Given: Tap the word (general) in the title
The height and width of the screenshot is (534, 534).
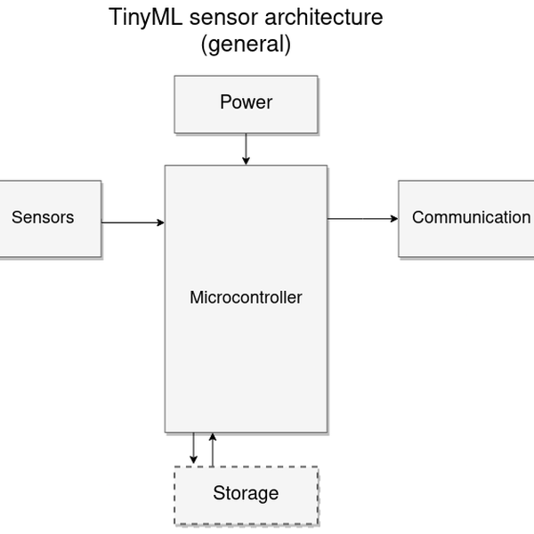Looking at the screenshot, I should [246, 45].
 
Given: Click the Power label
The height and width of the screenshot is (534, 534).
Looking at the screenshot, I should [246, 102].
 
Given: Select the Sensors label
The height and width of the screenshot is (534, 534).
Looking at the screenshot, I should [43, 218].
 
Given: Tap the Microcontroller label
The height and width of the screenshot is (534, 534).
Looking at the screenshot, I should [246, 298].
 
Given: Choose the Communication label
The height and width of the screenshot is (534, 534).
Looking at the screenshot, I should [471, 218].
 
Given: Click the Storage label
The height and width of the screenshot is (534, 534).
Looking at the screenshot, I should [246, 493].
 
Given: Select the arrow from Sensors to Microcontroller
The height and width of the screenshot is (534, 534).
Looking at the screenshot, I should [133, 222].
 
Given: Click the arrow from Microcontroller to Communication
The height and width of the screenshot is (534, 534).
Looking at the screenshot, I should [362, 218].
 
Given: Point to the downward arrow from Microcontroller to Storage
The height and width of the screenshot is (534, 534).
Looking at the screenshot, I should [194, 448].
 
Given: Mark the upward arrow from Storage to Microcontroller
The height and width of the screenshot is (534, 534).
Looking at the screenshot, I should [212, 449].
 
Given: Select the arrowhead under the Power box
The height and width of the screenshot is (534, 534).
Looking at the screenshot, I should [246, 160].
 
